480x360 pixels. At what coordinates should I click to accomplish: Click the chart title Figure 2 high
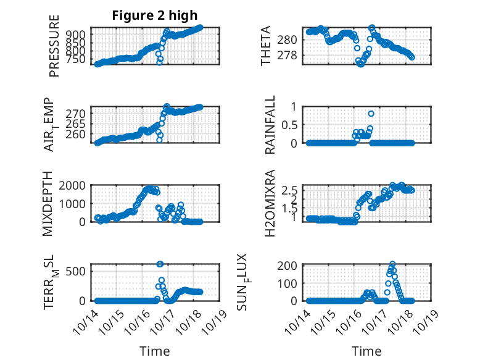[155, 15]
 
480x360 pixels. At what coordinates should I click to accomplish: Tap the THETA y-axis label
[266, 46]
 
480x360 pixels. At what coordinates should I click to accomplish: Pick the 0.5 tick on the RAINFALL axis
[290, 124]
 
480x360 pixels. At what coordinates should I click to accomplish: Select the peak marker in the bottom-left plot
[160, 264]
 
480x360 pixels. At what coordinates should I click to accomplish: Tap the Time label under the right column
[366, 351]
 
